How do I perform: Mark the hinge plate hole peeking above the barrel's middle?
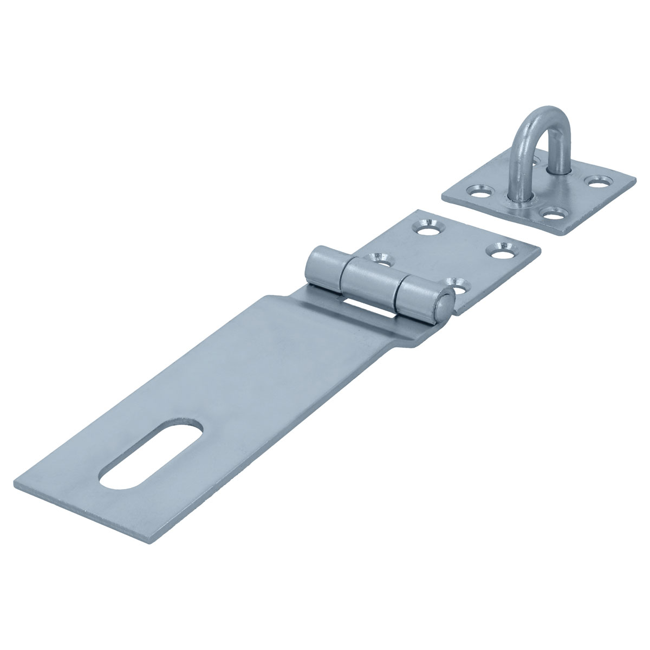[379, 258]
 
